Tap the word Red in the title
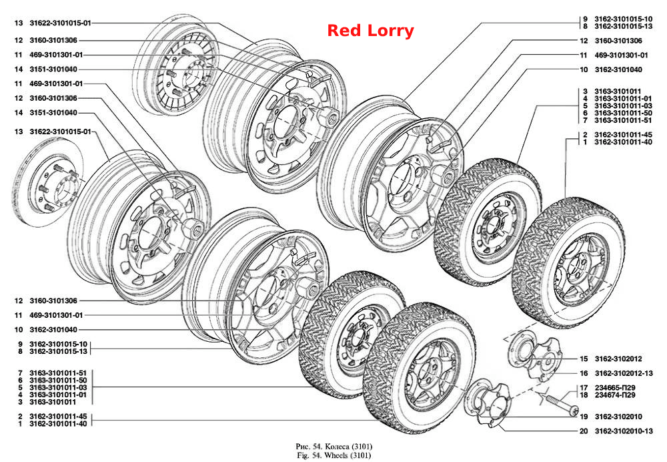[x=345, y=31]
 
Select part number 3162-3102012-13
[x=624, y=373]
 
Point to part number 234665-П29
[x=615, y=388]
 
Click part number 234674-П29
[x=615, y=395]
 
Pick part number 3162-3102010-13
[x=624, y=431]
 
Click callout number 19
[x=584, y=417]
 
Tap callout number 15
[x=584, y=359]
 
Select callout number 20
[x=584, y=431]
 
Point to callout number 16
[x=584, y=373]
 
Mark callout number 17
[x=584, y=388]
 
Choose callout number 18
[x=584, y=395]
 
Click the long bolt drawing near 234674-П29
[x=561, y=405]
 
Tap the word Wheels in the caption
[x=336, y=455]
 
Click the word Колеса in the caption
[x=338, y=447]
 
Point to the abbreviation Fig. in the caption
[x=303, y=455]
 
